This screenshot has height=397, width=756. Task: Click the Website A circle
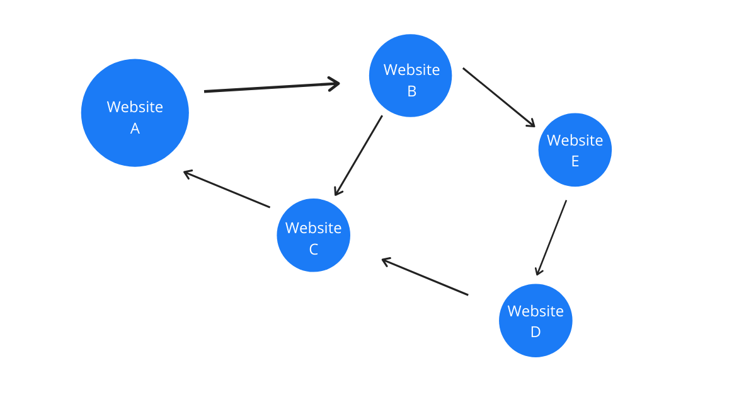(x=135, y=113)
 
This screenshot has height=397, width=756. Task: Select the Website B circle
(x=410, y=76)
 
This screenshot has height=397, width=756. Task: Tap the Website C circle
(x=313, y=235)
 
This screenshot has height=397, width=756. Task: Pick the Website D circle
(x=535, y=320)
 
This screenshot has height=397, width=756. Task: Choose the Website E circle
(x=575, y=150)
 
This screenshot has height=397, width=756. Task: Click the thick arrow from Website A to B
(x=271, y=88)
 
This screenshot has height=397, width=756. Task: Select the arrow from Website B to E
(x=498, y=97)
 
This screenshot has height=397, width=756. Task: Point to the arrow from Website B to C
(x=358, y=155)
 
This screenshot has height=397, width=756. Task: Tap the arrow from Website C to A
(x=227, y=189)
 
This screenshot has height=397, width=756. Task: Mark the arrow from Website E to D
(x=551, y=238)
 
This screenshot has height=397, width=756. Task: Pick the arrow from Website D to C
(x=425, y=277)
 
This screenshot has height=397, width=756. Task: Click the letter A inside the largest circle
(x=135, y=129)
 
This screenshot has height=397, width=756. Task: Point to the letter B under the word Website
(x=411, y=92)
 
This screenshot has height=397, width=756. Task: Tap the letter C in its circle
(x=313, y=250)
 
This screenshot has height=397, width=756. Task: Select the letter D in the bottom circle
(x=535, y=332)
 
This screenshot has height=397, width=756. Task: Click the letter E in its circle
(x=575, y=162)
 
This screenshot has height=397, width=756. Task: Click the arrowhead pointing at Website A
(x=187, y=173)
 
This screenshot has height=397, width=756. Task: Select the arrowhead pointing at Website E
(x=530, y=124)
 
